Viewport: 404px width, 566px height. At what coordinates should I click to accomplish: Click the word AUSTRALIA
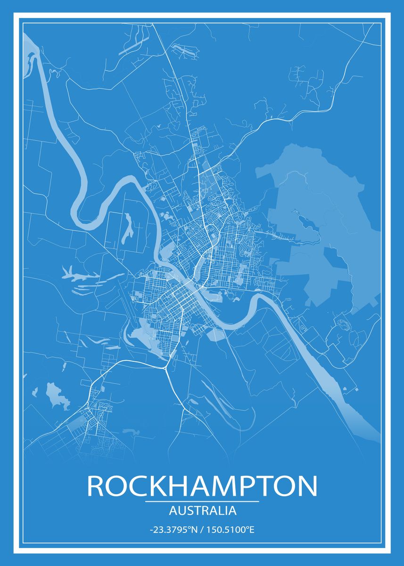click(202, 510)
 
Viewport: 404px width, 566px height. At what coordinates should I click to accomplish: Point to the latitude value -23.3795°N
click(173, 530)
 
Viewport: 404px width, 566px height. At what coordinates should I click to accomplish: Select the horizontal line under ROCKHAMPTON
click(202, 501)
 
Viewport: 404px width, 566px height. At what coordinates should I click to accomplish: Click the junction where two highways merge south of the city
click(165, 367)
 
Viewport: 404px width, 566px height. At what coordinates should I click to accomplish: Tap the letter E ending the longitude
click(252, 530)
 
